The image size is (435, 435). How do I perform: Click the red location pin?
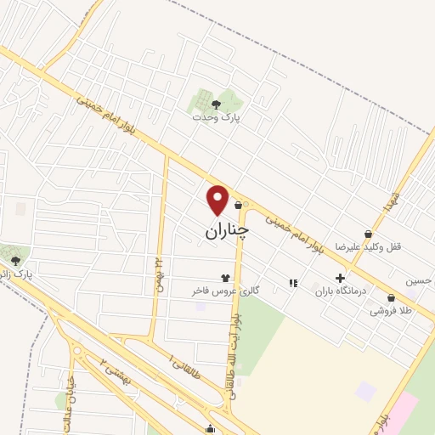coord(218,200)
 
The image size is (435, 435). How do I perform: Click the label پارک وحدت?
coord(216,118)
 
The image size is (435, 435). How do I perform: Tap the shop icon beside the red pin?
coord(238,205)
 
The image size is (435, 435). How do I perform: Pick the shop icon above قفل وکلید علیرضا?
coord(368,234)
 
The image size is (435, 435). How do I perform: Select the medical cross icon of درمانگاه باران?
coord(340,278)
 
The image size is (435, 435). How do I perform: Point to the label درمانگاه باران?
coord(339,291)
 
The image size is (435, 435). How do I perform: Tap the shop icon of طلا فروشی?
coord(391,298)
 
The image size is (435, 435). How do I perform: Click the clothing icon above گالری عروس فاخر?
coord(225,277)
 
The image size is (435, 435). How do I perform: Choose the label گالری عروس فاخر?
coord(224,291)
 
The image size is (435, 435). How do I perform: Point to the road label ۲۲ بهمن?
coord(158,272)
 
